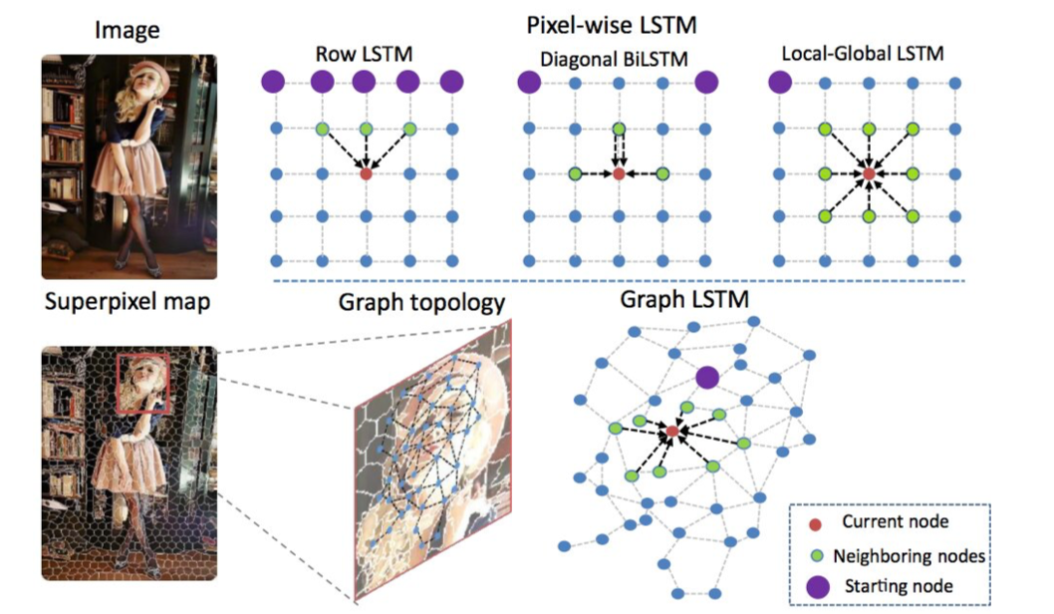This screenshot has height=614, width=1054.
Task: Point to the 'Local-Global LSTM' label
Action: pyautogui.click(x=860, y=53)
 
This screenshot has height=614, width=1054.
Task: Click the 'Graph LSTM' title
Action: pyautogui.click(x=683, y=299)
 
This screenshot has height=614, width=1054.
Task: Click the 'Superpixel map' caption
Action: pyautogui.click(x=127, y=302)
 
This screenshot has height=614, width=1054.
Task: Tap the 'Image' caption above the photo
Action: pyautogui.click(x=128, y=31)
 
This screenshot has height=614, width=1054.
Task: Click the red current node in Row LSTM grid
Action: pyautogui.click(x=366, y=173)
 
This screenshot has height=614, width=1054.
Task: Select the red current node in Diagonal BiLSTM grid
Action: pyautogui.click(x=619, y=173)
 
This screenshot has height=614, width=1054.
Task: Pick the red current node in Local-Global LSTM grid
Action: pyautogui.click(x=869, y=173)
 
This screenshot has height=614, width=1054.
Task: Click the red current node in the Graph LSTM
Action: pyautogui.click(x=672, y=431)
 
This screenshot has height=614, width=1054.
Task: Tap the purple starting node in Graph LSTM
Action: pyautogui.click(x=707, y=377)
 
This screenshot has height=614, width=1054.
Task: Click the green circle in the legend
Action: pyautogui.click(x=816, y=554)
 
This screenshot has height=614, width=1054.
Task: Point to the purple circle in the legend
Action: pyautogui.click(x=816, y=585)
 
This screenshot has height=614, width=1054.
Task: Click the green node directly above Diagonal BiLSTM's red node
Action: pyautogui.click(x=619, y=129)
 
